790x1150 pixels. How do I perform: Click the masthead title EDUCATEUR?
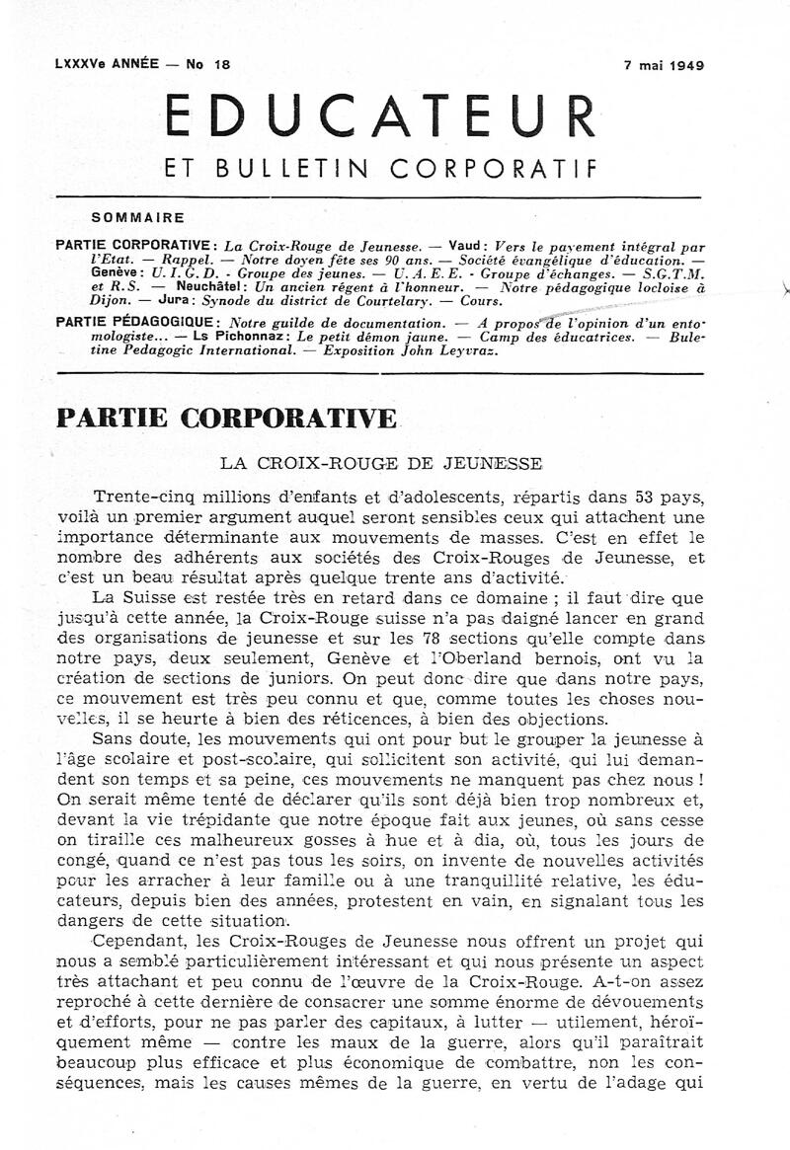pyautogui.click(x=381, y=116)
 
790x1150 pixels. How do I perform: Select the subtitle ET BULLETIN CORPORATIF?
pyautogui.click(x=381, y=169)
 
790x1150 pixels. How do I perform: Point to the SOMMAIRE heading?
pyautogui.click(x=136, y=217)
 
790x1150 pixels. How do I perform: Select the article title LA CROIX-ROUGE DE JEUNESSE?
pyautogui.click(x=380, y=462)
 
